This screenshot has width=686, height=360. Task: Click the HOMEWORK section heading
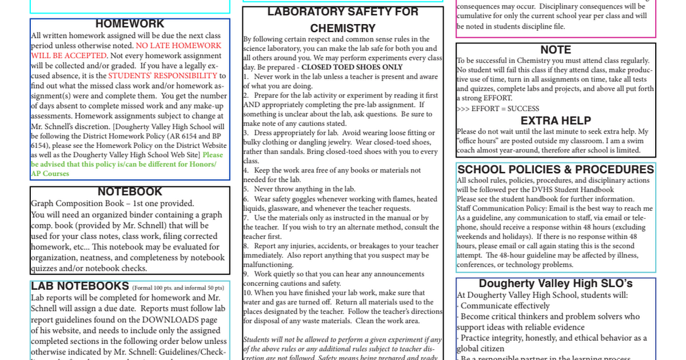click(x=130, y=24)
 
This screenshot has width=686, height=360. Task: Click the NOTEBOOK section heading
click(x=130, y=192)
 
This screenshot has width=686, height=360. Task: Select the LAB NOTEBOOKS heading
click(x=79, y=286)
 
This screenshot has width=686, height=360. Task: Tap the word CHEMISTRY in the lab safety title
click(x=343, y=29)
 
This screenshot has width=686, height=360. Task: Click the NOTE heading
click(x=556, y=50)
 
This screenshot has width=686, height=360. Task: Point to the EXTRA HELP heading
click(x=556, y=121)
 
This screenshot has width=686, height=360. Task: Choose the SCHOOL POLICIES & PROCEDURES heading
click(x=556, y=170)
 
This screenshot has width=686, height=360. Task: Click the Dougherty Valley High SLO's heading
click(x=556, y=284)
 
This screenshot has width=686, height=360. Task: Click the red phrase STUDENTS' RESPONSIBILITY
click(x=163, y=75)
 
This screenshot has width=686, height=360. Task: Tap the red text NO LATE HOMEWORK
click(x=178, y=46)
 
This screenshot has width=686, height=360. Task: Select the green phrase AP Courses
click(x=50, y=174)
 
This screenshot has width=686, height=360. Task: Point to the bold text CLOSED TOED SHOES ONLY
click(x=352, y=67)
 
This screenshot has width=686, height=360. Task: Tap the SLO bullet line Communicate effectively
click(x=497, y=306)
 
